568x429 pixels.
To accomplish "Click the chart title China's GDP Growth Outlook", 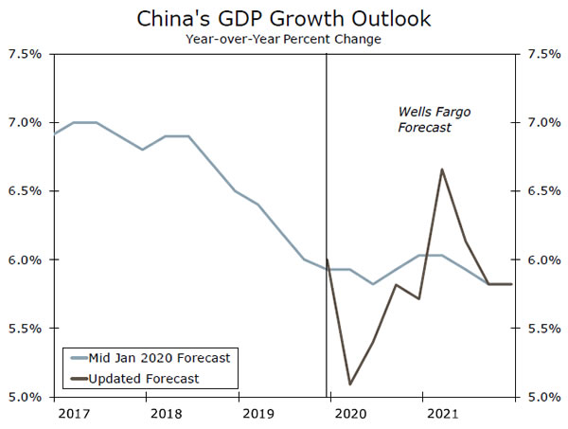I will point(284,17).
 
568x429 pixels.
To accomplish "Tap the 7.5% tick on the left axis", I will point(26,54).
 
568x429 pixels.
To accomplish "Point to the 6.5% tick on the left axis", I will point(26,191).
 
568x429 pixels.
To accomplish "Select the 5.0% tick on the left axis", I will point(26,397).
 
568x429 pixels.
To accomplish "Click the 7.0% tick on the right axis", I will point(541,123).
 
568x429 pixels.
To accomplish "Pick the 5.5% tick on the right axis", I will point(541,329).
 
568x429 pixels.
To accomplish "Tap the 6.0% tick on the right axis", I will point(541,259).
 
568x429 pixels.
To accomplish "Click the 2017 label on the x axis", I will point(72,414).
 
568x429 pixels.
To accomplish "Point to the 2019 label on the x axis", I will point(259,414).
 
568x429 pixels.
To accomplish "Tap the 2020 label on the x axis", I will point(350,414).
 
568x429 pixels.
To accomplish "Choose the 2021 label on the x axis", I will point(444,414).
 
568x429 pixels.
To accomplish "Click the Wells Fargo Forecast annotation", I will point(434,119).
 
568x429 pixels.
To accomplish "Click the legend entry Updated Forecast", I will point(147,379).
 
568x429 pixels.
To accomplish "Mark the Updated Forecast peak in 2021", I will point(442,170).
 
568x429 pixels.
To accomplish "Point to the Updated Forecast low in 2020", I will point(350,384).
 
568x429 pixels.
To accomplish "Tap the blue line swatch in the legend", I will point(77,358).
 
